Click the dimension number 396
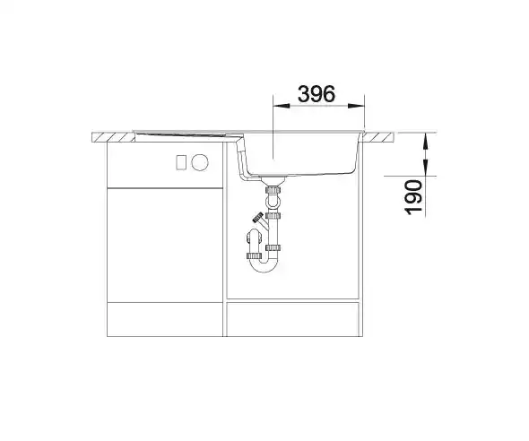point(317,94)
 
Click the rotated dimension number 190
point(413,197)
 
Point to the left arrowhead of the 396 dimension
point(282,106)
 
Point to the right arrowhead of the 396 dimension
point(356,106)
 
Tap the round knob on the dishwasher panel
point(200,162)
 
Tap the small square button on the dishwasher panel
point(181,162)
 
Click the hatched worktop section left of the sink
point(113,137)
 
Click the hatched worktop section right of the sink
point(378,137)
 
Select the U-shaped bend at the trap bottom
point(264,265)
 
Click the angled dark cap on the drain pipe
point(258,217)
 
